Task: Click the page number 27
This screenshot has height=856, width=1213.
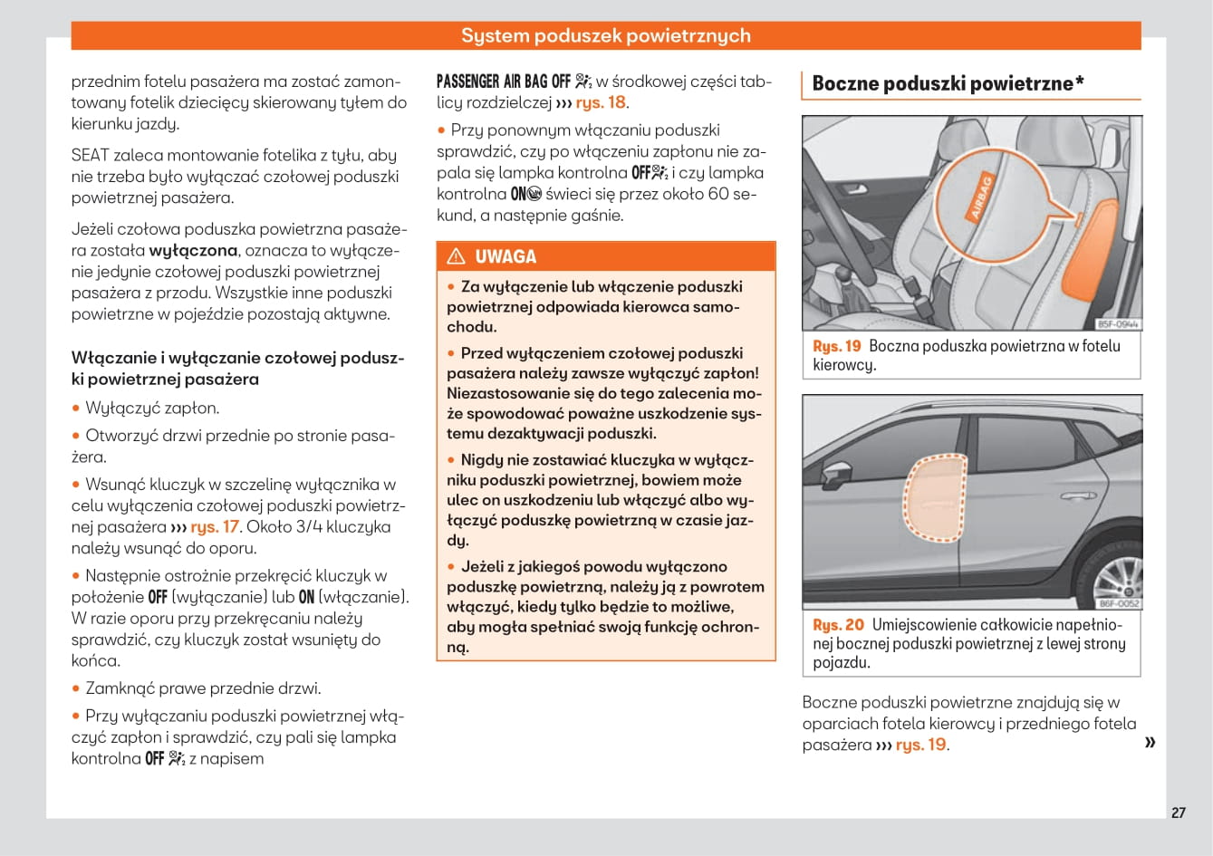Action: pyautogui.click(x=1178, y=813)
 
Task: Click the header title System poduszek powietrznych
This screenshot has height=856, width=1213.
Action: pyautogui.click(x=605, y=35)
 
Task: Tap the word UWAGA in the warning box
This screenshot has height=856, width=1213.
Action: pyautogui.click(x=505, y=256)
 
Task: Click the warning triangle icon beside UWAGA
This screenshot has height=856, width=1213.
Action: pyautogui.click(x=456, y=256)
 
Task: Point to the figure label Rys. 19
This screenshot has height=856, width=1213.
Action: pyautogui.click(x=837, y=346)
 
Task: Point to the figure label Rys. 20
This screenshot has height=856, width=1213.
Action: pyautogui.click(x=838, y=625)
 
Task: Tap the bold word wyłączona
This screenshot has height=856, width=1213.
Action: pyautogui.click(x=193, y=251)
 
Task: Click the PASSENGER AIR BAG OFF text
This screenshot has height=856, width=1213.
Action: pyautogui.click(x=504, y=82)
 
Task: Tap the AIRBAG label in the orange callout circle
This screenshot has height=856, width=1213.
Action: pyautogui.click(x=981, y=197)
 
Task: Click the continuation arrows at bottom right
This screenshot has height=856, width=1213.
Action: pyautogui.click(x=1150, y=743)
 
